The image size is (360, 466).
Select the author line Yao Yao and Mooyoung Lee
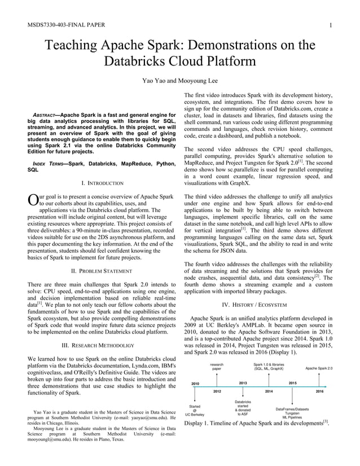point(179,80)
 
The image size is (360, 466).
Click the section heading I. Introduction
point(102,183)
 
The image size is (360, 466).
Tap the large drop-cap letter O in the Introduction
point(32,201)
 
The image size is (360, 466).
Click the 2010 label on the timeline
point(195,383)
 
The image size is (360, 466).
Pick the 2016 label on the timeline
point(319,390)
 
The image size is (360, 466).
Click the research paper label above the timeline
point(217,367)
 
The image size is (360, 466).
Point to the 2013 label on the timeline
point(243,383)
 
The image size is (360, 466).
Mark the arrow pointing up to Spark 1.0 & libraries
point(269,377)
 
